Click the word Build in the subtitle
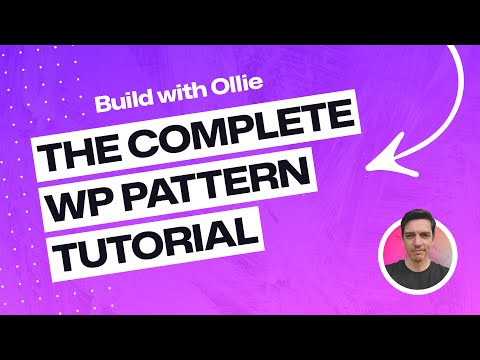tap(120, 102)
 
